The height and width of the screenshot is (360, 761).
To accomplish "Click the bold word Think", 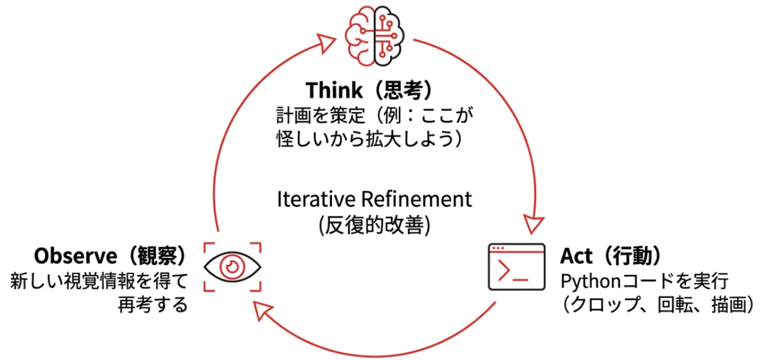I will [334, 90].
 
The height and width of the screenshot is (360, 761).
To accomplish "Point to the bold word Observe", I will [76, 256].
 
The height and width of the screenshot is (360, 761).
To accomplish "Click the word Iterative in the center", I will [317, 200].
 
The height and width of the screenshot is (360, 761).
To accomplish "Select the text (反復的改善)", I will [375, 224].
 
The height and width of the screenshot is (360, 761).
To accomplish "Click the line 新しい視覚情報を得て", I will [99, 280].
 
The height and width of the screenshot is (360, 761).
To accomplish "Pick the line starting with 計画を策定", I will [373, 115].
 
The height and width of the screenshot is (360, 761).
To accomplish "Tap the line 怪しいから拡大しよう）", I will [373, 139].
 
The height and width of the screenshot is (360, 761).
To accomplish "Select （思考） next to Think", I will [400, 90].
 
